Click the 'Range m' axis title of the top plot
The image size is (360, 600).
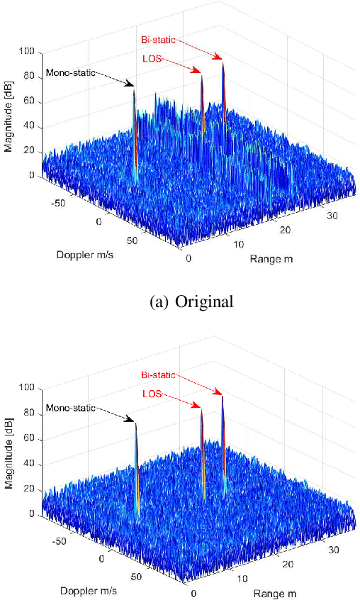point(271,259)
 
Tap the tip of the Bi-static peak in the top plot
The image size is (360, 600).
point(223,63)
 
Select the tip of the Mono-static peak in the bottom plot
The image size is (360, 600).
point(135,423)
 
